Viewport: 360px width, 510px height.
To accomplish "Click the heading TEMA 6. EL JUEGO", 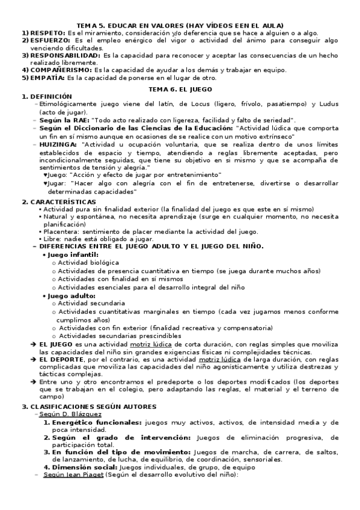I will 180,88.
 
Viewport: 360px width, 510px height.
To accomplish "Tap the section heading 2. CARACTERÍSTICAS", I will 58,201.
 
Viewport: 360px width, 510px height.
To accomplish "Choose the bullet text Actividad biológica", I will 88,262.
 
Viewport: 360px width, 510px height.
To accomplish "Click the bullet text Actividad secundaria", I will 91,304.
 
